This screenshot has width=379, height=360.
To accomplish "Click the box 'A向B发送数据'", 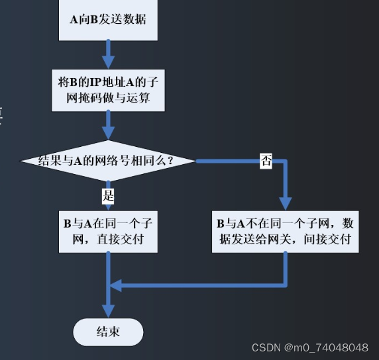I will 107,19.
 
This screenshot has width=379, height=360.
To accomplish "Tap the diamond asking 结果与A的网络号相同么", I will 107,161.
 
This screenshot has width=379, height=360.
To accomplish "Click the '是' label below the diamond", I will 108,195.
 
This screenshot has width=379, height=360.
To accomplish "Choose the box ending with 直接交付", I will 107,231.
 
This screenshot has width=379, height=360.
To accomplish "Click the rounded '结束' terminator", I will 107,332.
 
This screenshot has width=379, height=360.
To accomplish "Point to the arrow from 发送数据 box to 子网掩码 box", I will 107,52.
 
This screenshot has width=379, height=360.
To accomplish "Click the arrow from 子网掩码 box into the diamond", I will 107,125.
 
